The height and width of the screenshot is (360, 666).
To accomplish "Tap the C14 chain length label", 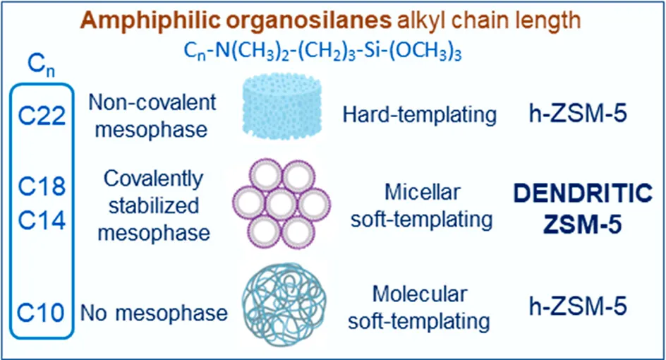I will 42,220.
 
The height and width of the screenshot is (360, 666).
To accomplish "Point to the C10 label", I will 42,311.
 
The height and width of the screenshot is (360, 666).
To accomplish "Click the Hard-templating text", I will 420,113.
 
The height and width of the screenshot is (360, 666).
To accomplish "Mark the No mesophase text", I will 154,311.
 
